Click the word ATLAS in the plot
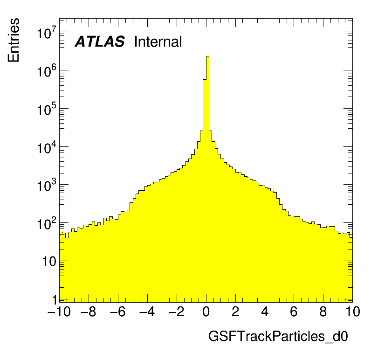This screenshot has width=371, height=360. click(x=100, y=42)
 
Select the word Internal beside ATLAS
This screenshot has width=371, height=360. click(x=158, y=42)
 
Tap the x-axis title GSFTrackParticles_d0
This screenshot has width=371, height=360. click(x=278, y=337)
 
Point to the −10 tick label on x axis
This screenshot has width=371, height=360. click(x=59, y=312)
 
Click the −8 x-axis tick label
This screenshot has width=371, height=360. click(x=89, y=312)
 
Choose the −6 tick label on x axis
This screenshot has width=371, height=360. click(x=118, y=312)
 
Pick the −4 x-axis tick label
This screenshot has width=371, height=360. click(x=147, y=312)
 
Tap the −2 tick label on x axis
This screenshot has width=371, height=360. click(x=177, y=312)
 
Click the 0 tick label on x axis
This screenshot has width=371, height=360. click(x=206, y=312)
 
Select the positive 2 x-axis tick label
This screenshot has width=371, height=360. click(x=235, y=312)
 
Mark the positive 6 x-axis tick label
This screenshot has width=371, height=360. click(x=294, y=312)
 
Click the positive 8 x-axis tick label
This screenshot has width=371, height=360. click(x=323, y=312)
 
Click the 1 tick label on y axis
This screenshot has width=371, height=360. click(x=55, y=299)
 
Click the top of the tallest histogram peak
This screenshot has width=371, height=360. click(x=207, y=56)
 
